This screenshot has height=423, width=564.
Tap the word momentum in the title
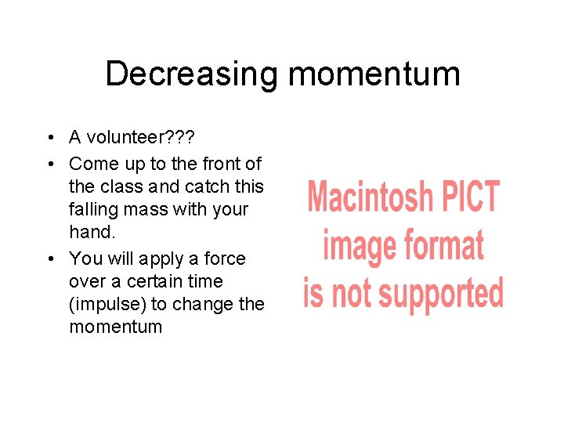coord(374,74)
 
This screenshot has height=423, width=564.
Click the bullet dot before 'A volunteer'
coord(49,139)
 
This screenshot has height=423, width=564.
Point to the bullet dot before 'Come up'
coord(49,164)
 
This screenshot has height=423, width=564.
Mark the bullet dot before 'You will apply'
coord(49,258)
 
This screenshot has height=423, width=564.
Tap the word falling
coord(91,209)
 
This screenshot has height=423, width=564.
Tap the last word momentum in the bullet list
coord(115,326)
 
